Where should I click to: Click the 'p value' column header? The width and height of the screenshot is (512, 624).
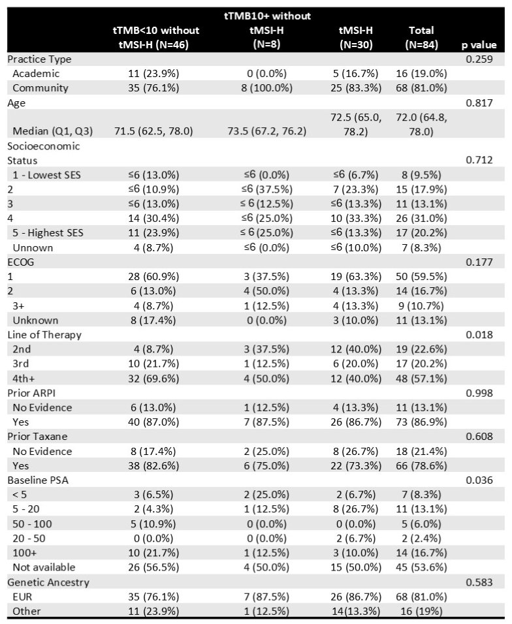(x=479, y=45)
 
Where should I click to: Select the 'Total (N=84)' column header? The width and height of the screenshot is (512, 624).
(x=421, y=37)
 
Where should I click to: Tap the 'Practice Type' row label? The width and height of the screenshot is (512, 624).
(x=39, y=59)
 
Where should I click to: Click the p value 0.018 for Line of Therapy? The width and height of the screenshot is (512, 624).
(x=479, y=335)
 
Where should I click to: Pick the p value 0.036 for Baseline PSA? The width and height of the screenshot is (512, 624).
(x=479, y=480)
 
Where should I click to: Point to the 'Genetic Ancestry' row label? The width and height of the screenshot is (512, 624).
(x=48, y=582)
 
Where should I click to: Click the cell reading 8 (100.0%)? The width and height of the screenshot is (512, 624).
(x=266, y=88)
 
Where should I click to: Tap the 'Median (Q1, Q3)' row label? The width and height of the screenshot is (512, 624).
(x=52, y=131)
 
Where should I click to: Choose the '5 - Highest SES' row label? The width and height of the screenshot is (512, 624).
(x=48, y=233)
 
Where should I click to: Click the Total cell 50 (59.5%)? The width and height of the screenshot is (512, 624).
(x=421, y=277)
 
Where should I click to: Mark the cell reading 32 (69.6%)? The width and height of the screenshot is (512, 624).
(x=153, y=379)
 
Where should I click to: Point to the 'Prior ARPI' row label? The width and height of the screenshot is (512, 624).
(x=31, y=393)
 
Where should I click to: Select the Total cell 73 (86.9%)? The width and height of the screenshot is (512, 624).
(x=421, y=422)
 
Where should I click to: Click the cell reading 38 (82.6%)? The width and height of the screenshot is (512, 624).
(x=153, y=465)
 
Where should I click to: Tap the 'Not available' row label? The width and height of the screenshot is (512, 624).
(x=44, y=567)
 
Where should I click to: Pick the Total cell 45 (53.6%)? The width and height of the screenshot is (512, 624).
(x=421, y=567)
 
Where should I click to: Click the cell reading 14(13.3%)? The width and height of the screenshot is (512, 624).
(x=356, y=611)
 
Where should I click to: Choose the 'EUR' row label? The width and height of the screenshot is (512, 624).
(x=22, y=597)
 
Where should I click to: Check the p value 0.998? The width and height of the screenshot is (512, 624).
(x=479, y=393)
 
